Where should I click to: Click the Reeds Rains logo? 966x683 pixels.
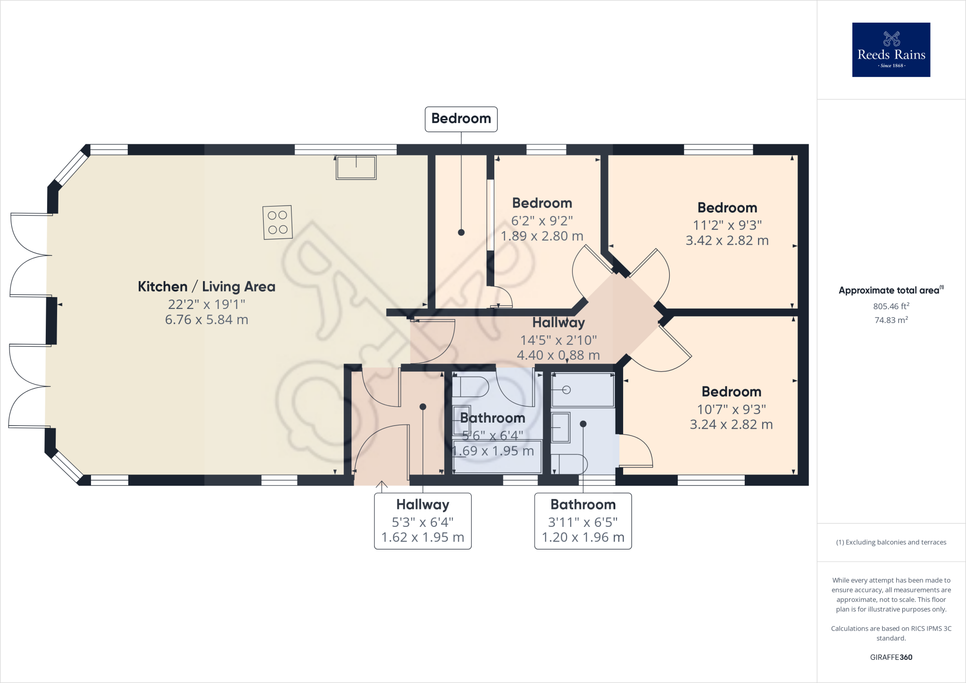click(891, 50)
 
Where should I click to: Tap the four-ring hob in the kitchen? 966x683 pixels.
click(277, 222)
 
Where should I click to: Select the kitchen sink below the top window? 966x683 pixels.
click(356, 167)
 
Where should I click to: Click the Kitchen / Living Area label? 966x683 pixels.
click(206, 286)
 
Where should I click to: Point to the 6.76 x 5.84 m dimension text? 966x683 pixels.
click(206, 320)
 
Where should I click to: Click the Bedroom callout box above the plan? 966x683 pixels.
click(461, 119)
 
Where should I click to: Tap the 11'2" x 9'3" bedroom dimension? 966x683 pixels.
click(727, 225)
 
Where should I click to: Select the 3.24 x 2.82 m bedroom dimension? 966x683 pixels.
click(731, 425)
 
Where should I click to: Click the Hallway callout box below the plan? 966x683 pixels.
click(423, 521)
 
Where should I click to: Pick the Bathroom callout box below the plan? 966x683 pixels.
click(583, 521)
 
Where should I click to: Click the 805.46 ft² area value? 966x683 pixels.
click(891, 306)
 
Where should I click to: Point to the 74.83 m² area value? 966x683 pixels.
click(891, 320)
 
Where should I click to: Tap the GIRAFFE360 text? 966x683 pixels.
click(891, 657)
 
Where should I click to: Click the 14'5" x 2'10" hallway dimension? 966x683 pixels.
click(558, 340)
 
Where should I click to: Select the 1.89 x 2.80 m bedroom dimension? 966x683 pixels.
click(541, 236)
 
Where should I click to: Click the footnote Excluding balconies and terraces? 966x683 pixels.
click(891, 542)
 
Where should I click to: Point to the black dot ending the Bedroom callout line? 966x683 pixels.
click(461, 233)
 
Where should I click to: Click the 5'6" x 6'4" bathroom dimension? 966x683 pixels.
click(492, 435)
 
